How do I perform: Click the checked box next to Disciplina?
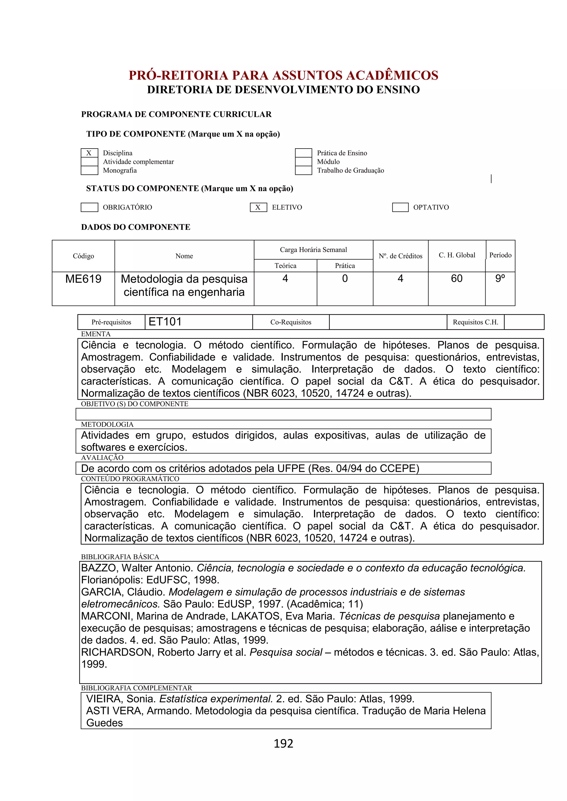(x=89, y=153)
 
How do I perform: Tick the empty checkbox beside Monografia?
(x=89, y=170)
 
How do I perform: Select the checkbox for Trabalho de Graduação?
(x=303, y=170)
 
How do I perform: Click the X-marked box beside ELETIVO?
(x=258, y=207)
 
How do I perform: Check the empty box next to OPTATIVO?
(x=400, y=207)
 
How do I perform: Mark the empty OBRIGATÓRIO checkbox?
(x=89, y=207)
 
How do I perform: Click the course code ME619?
(x=83, y=279)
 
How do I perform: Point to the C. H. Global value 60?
(x=456, y=279)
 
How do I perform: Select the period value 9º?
(x=500, y=279)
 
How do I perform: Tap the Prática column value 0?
(x=345, y=279)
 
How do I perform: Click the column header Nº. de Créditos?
(x=400, y=256)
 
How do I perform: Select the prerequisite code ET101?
(x=165, y=322)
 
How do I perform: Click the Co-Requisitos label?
(x=290, y=322)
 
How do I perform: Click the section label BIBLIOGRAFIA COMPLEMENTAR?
(x=136, y=688)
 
